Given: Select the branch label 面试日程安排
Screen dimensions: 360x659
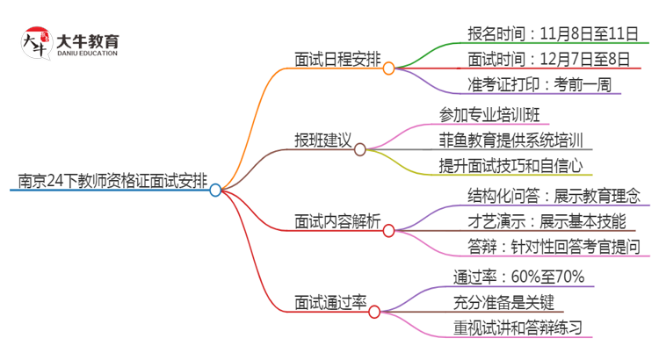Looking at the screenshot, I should (337, 59).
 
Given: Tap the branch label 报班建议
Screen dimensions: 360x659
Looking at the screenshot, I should (322, 140).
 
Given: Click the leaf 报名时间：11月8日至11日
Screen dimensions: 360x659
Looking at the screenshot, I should (553, 34).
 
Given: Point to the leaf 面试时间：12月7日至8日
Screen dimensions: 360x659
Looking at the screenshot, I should (549, 60).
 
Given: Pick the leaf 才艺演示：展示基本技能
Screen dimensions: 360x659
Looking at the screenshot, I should (547, 220).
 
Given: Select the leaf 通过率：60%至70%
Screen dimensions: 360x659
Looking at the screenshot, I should (518, 277).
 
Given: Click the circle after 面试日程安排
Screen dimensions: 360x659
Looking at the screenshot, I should (388, 67).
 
